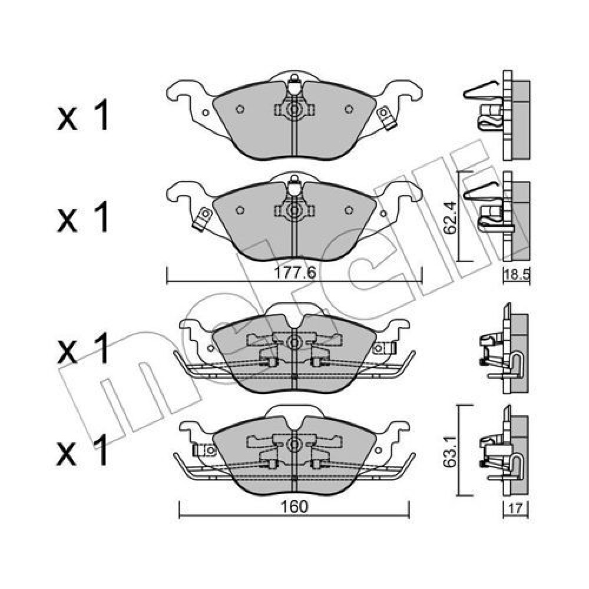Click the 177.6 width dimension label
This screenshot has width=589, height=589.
coord(294,273)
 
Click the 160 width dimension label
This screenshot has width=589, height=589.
coord(294,507)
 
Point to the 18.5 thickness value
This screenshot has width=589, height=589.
coord(517,274)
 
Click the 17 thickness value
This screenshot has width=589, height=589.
coord(516,509)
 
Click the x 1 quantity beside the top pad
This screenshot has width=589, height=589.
coord(83,115)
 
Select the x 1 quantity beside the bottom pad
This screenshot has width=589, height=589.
coord(83,450)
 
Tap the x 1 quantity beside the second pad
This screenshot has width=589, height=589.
coord(83,217)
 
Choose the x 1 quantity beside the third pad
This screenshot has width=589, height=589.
coord(83,348)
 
